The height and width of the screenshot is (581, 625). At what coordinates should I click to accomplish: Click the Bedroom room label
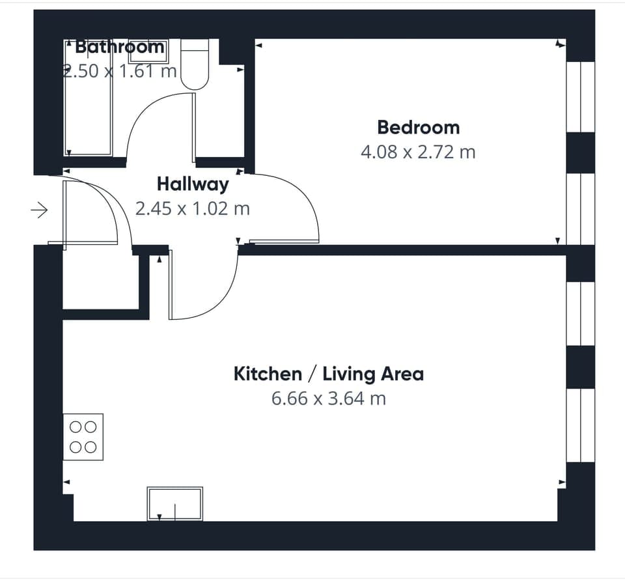(418, 127)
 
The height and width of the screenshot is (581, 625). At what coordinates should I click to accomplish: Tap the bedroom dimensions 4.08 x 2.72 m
(418, 152)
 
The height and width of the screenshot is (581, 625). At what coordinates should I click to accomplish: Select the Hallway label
(192, 184)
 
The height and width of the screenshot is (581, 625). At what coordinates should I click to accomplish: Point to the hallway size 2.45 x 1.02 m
(192, 208)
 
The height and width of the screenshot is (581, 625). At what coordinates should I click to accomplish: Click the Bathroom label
(120, 47)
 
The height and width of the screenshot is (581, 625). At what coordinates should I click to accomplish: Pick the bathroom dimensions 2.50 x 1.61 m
(120, 70)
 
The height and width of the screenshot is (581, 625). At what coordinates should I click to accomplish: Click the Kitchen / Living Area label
(328, 374)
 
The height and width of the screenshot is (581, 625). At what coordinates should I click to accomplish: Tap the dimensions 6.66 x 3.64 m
(328, 398)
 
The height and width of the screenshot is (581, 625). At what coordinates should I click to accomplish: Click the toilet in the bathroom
(194, 65)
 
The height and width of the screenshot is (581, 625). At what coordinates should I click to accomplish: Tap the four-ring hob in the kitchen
(83, 437)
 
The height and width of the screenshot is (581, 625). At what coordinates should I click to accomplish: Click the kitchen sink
(174, 504)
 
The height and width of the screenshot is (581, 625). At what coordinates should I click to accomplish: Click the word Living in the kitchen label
(351, 374)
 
